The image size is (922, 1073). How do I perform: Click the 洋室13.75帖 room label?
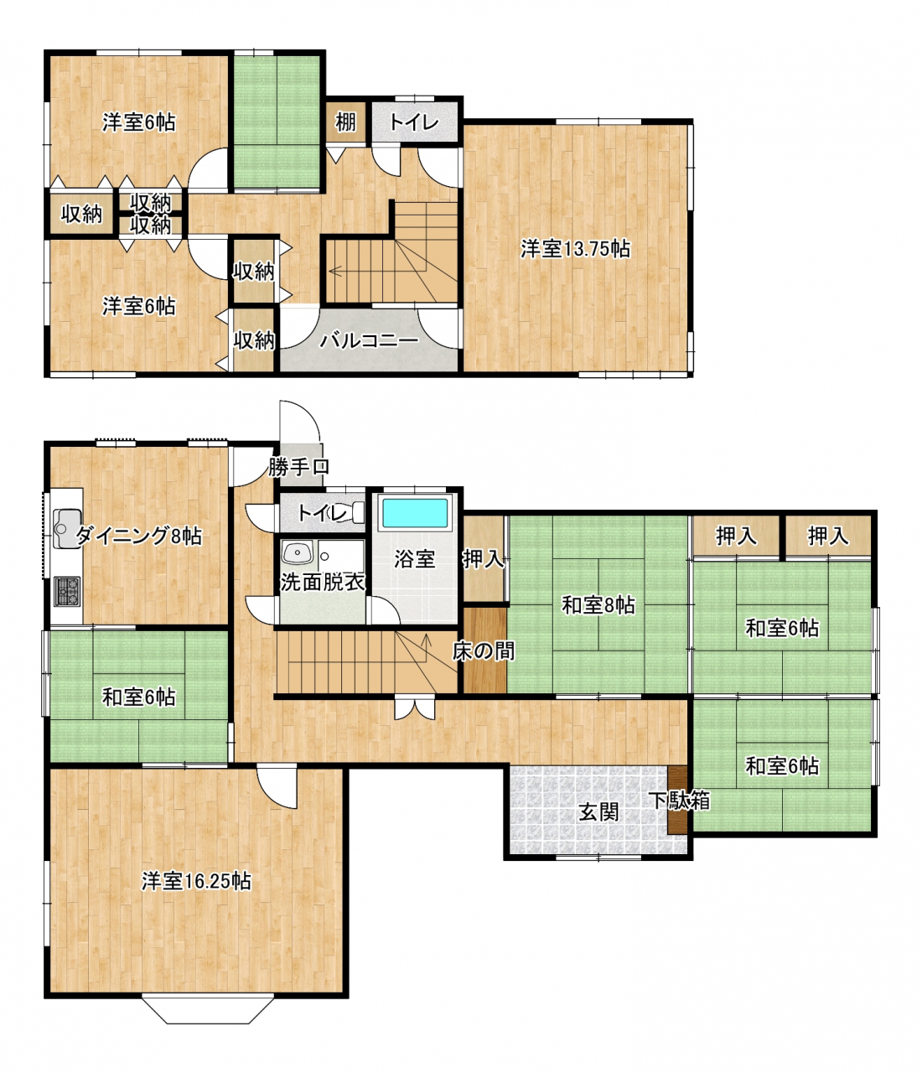click(x=575, y=249)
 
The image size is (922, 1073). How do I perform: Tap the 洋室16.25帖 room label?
click(x=196, y=881)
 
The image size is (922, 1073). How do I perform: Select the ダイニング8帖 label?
click(x=139, y=536)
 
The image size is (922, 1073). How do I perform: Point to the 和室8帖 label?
click(x=598, y=604)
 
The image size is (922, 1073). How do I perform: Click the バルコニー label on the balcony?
click(x=369, y=340)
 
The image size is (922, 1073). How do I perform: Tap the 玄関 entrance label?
click(x=598, y=811)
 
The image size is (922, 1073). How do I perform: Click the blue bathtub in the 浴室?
click(x=415, y=512)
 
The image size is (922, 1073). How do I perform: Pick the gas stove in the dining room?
click(x=66, y=591)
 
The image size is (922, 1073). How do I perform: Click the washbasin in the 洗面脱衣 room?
click(x=297, y=554)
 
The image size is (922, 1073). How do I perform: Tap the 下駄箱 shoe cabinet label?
click(x=680, y=801)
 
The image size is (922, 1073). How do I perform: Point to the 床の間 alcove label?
click(x=483, y=651)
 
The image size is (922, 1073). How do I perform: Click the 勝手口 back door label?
click(x=298, y=467)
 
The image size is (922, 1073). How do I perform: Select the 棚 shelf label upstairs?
click(x=345, y=122)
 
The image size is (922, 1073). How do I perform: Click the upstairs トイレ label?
click(x=414, y=122)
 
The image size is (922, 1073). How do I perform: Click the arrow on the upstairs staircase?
click(x=335, y=271)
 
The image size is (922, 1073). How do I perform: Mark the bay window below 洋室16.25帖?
click(x=208, y=1009)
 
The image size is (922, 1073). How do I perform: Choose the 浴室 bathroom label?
click(x=414, y=559)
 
